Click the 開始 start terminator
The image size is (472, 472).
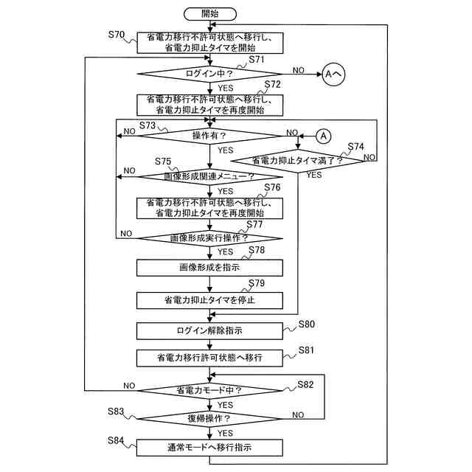(x=209, y=13)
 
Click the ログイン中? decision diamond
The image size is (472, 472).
(x=209, y=74)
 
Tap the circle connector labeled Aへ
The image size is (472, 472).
(x=333, y=74)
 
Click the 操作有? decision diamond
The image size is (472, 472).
(x=209, y=135)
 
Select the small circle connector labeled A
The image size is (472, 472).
(x=324, y=135)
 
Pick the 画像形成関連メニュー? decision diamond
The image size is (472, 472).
(x=209, y=177)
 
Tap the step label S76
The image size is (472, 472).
(x=272, y=187)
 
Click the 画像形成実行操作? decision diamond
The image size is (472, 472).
(x=209, y=237)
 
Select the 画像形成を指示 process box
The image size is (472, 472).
(x=209, y=267)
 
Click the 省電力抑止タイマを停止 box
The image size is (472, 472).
(x=209, y=300)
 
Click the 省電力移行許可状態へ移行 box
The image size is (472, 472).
(x=209, y=358)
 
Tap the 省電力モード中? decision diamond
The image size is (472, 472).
(x=209, y=390)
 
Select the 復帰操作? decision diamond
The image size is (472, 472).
(x=209, y=418)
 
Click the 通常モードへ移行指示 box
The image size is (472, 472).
(x=209, y=447)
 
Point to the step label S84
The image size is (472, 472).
(x=116, y=440)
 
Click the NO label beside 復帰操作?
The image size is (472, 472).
(x=298, y=414)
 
